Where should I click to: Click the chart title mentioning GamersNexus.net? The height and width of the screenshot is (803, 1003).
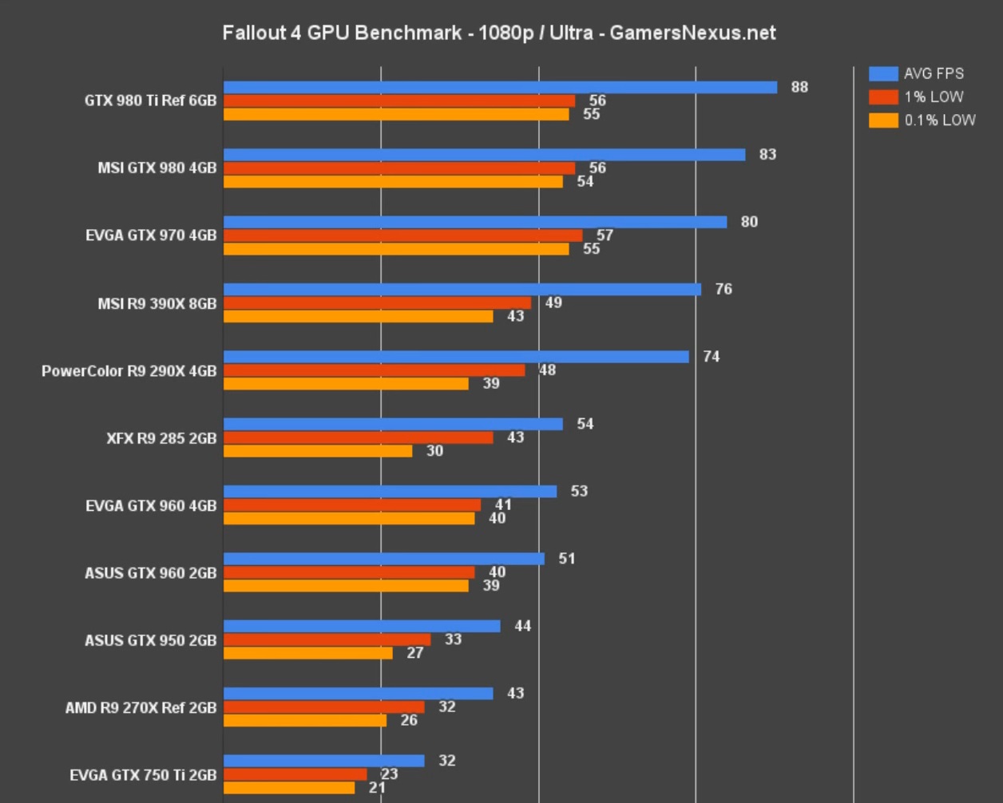click(499, 33)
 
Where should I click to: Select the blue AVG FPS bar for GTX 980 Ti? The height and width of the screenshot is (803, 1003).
click(500, 87)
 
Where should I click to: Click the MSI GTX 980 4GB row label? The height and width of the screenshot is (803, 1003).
click(157, 168)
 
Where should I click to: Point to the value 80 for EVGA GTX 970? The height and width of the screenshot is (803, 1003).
click(749, 222)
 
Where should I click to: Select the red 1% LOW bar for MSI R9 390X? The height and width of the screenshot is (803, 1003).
click(377, 303)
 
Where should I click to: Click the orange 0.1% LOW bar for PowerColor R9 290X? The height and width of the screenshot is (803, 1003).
click(346, 383)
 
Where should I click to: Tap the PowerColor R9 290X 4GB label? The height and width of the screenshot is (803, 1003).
click(129, 370)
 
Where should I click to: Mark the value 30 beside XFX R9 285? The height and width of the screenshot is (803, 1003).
click(434, 451)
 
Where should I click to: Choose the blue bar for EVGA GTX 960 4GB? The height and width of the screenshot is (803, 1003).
click(390, 491)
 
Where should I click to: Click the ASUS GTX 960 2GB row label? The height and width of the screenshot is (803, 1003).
click(150, 572)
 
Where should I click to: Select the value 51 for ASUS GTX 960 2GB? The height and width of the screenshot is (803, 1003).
click(567, 559)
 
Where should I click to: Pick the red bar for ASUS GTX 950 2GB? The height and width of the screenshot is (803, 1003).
click(327, 639)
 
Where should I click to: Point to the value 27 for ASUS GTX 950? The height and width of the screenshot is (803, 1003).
click(414, 653)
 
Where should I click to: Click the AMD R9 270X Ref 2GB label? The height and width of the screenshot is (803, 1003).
click(141, 707)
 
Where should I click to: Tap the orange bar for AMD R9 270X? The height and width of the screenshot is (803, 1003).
click(304, 720)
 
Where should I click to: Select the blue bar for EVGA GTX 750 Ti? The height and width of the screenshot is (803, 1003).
click(323, 761)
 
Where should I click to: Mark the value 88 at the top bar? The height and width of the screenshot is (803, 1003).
click(799, 87)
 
